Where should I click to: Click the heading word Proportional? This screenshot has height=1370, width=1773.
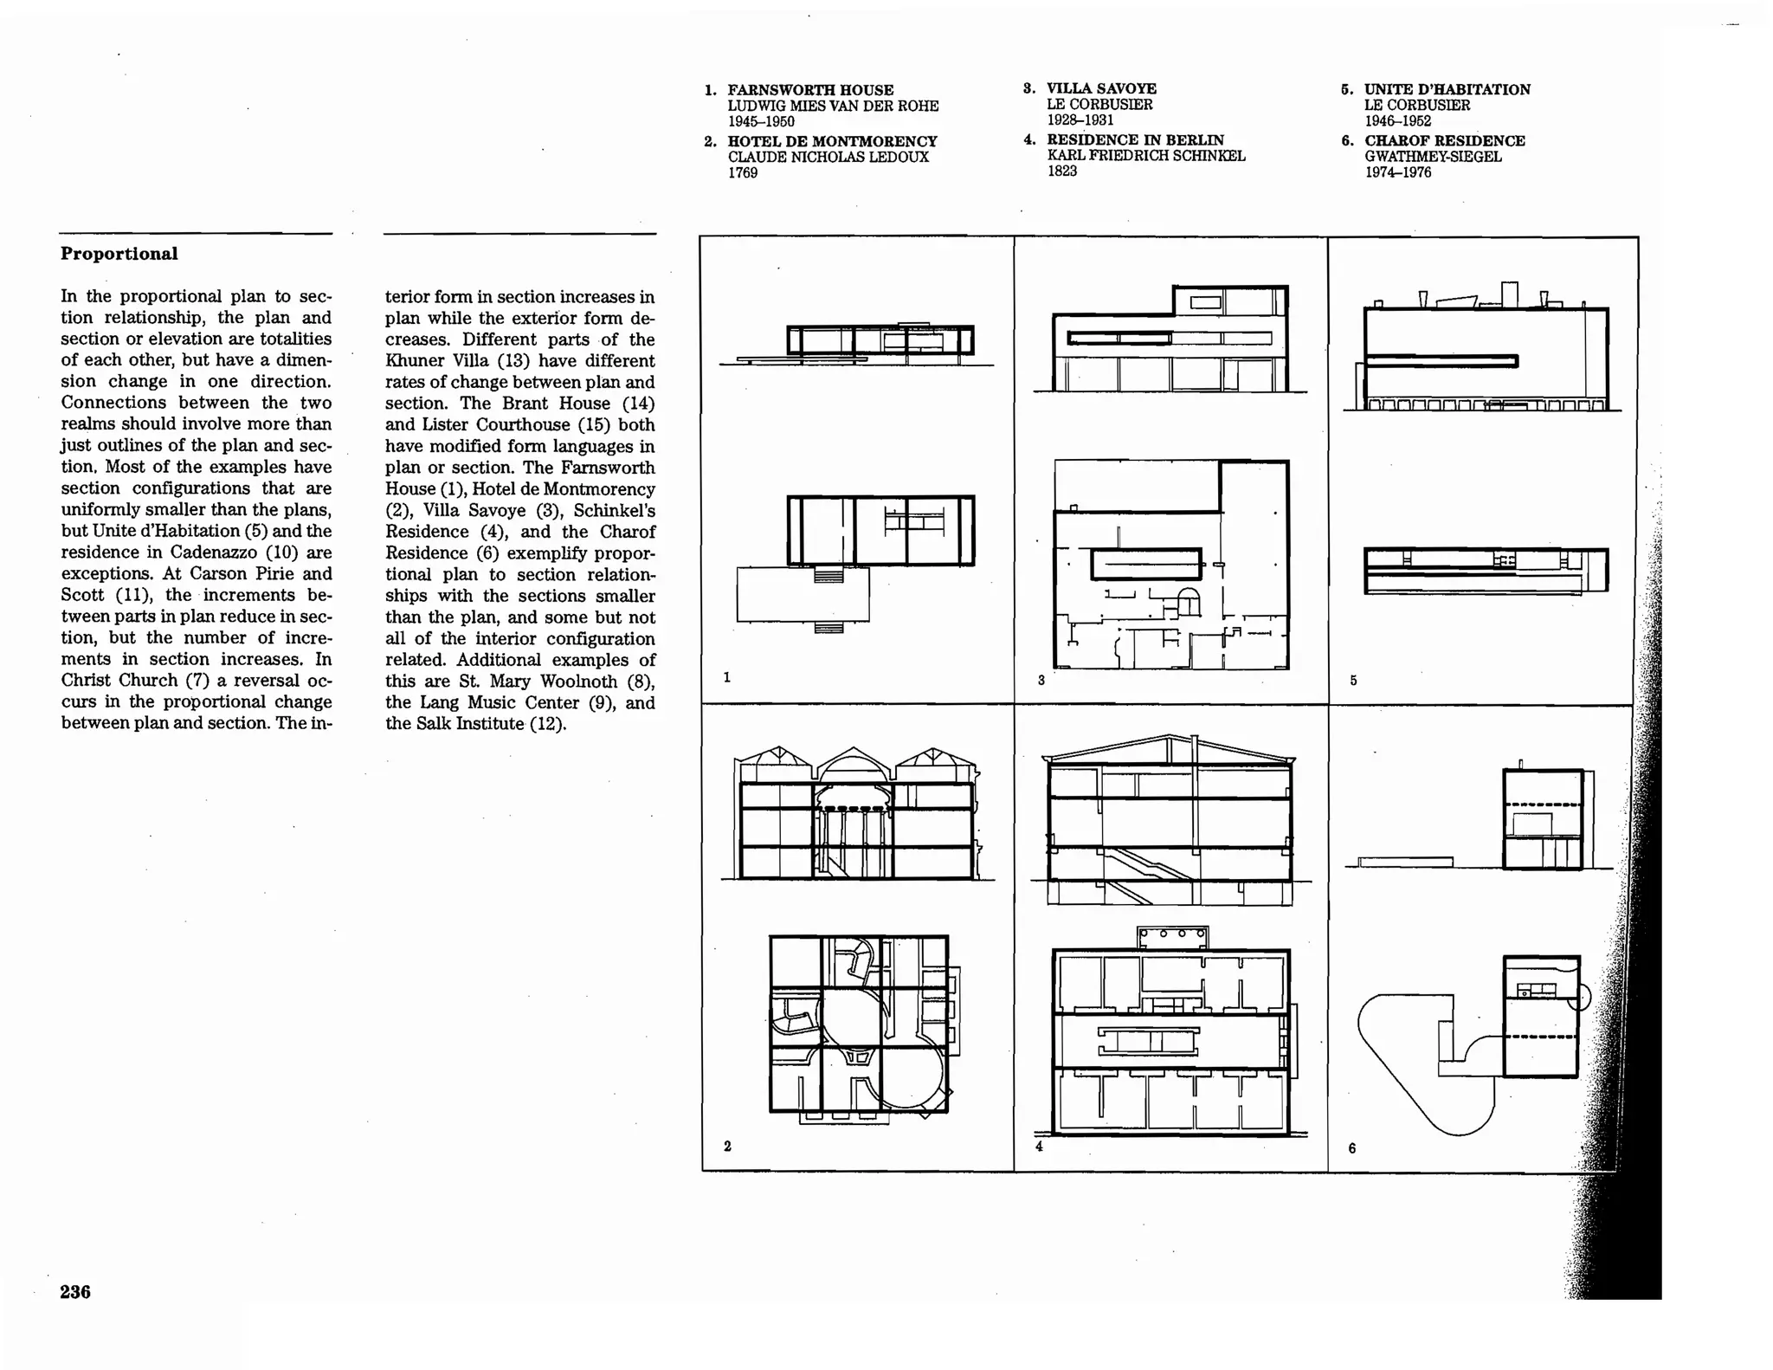(119, 254)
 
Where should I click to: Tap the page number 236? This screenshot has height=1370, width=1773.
(75, 1291)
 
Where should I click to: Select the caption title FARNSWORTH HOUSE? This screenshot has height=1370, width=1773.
(810, 90)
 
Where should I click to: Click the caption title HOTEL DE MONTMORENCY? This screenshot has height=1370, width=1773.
(832, 141)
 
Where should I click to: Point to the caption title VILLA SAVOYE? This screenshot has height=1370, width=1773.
(1101, 88)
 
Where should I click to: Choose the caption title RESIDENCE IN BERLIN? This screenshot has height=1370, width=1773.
(1135, 139)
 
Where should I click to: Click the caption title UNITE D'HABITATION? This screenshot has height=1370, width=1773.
(1447, 89)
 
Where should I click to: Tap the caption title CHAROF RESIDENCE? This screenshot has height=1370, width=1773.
(1445, 140)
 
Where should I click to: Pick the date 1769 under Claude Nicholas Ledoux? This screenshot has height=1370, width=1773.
(743, 172)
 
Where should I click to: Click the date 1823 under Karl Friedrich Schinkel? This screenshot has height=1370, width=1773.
(1062, 171)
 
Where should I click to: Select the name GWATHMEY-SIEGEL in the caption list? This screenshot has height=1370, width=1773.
(1433, 157)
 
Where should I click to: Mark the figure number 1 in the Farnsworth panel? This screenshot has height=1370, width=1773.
(727, 677)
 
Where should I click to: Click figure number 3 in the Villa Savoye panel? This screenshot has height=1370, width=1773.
(1041, 680)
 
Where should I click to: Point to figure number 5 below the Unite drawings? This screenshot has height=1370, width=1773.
(1353, 680)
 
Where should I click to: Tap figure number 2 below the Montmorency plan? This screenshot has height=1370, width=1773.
(727, 1146)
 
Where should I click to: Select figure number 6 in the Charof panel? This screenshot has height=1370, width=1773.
(1352, 1148)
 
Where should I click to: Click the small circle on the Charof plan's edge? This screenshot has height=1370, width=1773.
(1579, 998)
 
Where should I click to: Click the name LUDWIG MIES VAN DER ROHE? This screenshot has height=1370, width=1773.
(833, 106)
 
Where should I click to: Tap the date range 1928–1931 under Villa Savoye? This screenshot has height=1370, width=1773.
(1080, 120)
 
